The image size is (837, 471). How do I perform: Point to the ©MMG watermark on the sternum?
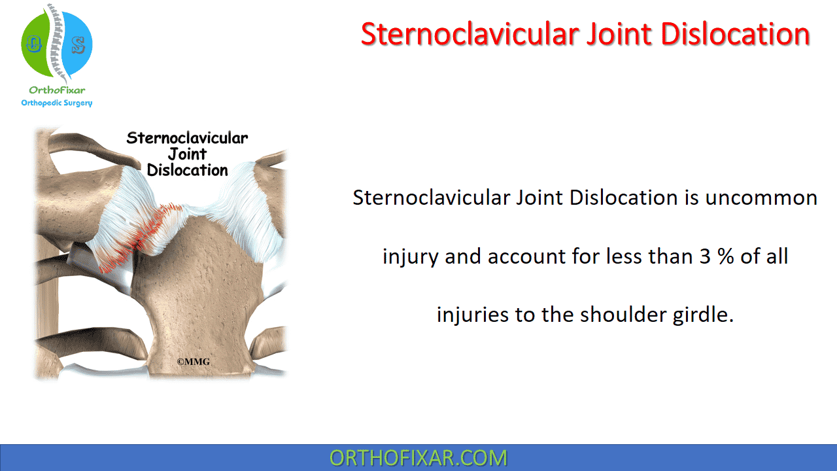click(193, 362)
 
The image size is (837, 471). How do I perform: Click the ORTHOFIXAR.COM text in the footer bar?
click(418, 458)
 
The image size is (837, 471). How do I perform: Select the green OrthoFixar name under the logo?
click(57, 90)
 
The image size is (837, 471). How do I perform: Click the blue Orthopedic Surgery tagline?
click(57, 103)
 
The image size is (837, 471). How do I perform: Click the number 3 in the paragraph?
click(705, 256)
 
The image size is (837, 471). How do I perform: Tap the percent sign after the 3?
click(726, 256)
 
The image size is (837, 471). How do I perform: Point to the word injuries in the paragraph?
click(472, 315)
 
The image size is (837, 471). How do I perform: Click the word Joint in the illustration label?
click(187, 154)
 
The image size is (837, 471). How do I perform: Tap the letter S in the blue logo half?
click(78, 45)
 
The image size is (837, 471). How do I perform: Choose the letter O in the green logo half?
click(33, 44)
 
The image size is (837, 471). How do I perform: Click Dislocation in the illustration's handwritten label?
click(187, 170)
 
